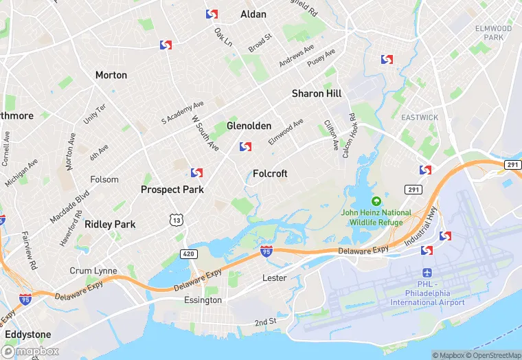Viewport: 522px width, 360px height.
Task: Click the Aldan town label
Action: [x=253, y=14]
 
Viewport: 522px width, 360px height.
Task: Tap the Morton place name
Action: [x=111, y=75]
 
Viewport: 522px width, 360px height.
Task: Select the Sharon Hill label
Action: [x=317, y=93]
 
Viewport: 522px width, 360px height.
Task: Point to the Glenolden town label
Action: [x=249, y=126]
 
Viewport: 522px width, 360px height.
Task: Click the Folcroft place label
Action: [x=270, y=174]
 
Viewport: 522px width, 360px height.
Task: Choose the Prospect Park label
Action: [x=172, y=189]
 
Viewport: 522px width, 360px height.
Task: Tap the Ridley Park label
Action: [x=110, y=224]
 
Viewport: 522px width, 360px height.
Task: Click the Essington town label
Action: [x=203, y=300]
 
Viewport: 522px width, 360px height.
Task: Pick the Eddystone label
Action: [x=27, y=335]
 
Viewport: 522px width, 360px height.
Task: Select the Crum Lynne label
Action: [x=93, y=271]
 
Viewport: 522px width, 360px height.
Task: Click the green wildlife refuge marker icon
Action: [x=376, y=201]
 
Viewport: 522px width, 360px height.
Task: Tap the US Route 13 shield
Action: [x=177, y=219]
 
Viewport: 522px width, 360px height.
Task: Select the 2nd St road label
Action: [x=265, y=322]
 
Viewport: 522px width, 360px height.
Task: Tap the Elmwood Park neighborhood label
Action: [x=493, y=32]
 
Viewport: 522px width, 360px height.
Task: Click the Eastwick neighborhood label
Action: [x=420, y=117]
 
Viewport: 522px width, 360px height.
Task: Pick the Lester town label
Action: [x=274, y=278]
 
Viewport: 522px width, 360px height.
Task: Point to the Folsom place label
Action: [x=104, y=179]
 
